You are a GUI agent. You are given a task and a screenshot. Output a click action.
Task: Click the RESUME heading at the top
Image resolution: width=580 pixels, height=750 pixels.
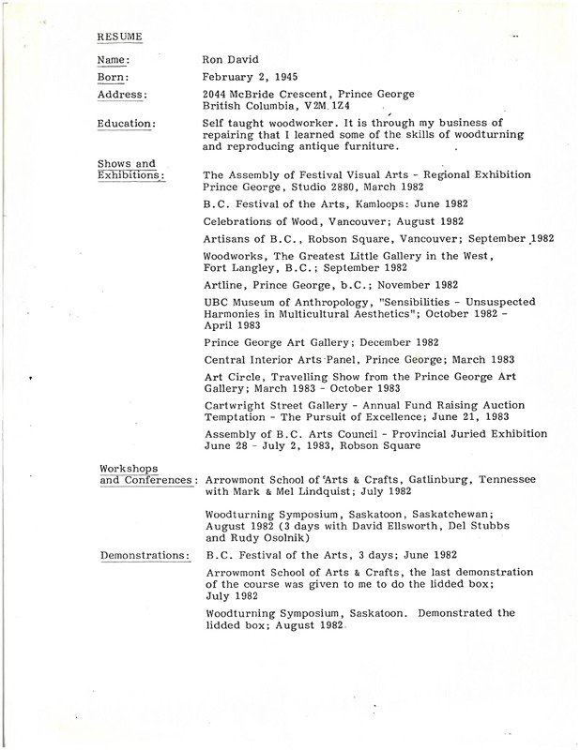coord(120,37)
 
